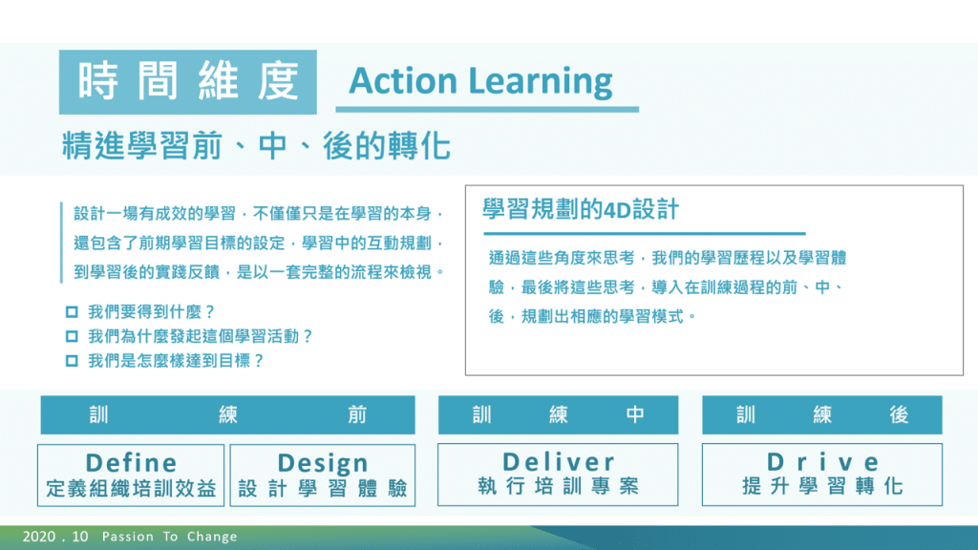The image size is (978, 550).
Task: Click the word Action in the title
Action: click(403, 81)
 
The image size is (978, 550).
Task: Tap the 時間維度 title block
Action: click(188, 82)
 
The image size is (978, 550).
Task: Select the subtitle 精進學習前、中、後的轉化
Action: click(256, 146)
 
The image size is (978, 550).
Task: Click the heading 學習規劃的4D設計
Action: click(581, 209)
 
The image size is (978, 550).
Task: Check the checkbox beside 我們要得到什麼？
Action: click(72, 312)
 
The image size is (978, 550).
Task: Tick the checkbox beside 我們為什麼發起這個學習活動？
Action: click(72, 337)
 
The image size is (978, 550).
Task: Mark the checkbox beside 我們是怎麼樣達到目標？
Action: click(72, 361)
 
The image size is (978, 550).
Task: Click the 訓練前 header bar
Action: click(227, 414)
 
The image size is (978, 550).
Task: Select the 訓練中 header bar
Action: click(558, 414)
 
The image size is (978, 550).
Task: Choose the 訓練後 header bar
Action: click(822, 414)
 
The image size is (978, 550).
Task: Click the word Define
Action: click(131, 463)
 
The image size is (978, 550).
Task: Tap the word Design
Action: click(323, 463)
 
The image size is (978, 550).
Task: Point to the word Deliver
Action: click(558, 462)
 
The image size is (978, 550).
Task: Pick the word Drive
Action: click(822, 462)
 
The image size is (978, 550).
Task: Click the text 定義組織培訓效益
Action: click(131, 488)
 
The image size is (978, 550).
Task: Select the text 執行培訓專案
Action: click(558, 486)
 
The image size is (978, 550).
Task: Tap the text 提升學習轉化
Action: click(822, 486)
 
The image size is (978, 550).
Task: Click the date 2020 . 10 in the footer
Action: click(55, 537)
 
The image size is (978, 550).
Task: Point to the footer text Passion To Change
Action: click(170, 537)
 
